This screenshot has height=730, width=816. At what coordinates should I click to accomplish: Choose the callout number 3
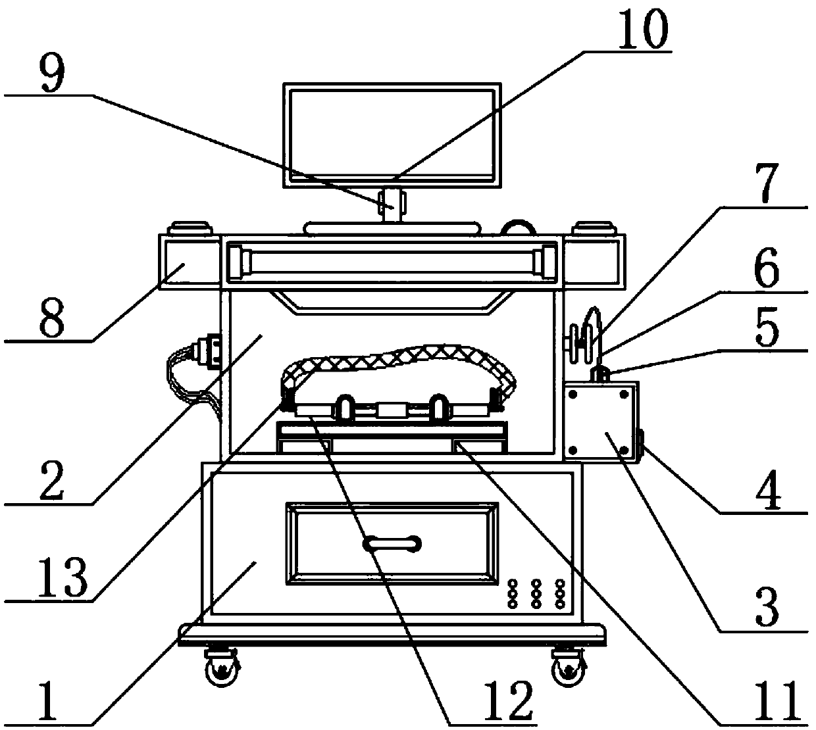(x=765, y=608)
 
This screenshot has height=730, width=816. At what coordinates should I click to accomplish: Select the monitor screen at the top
(x=392, y=133)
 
